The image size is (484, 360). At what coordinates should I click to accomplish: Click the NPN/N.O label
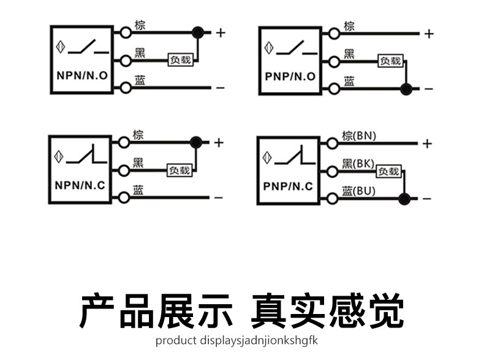tap(82, 75)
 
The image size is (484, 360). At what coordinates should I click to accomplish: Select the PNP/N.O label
tap(290, 76)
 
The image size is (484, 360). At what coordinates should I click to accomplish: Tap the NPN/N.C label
tap(80, 185)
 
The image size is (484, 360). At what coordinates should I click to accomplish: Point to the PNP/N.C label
tap(288, 186)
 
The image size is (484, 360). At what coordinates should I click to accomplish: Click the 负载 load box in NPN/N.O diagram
tap(181, 59)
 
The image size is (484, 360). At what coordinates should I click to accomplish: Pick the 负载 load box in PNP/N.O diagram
tap(390, 61)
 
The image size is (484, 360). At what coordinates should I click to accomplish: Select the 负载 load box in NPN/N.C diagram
tap(180, 170)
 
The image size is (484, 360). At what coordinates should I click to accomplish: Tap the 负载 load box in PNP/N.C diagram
tap(388, 171)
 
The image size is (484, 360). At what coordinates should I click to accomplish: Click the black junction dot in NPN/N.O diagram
tap(198, 32)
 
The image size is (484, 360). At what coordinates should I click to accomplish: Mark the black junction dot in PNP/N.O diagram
tap(406, 89)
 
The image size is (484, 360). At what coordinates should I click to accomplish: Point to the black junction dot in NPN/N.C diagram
tap(196, 142)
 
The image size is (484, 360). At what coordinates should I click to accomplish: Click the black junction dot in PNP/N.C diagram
tap(404, 199)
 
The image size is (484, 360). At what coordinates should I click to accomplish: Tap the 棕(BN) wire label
tap(359, 136)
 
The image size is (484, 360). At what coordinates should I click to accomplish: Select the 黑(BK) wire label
tap(358, 164)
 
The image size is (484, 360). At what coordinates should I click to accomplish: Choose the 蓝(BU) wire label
tap(358, 191)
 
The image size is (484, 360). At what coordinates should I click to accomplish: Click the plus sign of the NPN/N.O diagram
tap(221, 33)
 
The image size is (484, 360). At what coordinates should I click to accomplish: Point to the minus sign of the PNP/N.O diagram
tap(429, 89)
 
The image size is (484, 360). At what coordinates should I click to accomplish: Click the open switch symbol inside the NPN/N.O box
tap(88, 47)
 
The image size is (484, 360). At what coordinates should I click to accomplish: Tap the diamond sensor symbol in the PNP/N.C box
tap(267, 158)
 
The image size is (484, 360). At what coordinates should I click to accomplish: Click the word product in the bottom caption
tap(176, 340)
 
